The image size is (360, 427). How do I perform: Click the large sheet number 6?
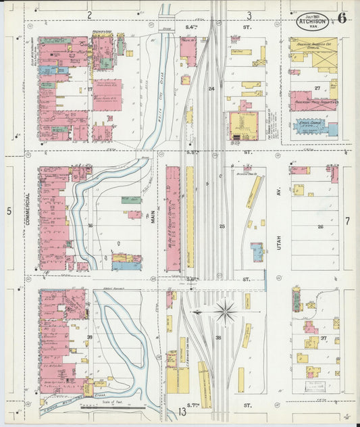(x=342, y=18)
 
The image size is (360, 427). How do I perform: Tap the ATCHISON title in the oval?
(x=312, y=20)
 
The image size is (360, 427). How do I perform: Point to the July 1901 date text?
(x=312, y=13)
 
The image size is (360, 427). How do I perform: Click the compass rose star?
(x=226, y=311)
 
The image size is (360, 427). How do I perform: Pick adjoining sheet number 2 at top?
(x=89, y=14)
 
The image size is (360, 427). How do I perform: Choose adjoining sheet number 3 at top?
(x=249, y=14)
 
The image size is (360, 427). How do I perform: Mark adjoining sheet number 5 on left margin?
(x=9, y=211)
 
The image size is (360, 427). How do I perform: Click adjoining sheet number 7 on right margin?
(x=347, y=221)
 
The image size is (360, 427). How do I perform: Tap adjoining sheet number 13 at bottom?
(x=182, y=411)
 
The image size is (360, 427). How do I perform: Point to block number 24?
(x=211, y=89)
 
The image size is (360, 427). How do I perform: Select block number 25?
(x=222, y=226)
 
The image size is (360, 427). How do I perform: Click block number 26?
(x=320, y=227)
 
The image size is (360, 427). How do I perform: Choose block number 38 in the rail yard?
(x=218, y=337)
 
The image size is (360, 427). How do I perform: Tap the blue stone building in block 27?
(x=315, y=127)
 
